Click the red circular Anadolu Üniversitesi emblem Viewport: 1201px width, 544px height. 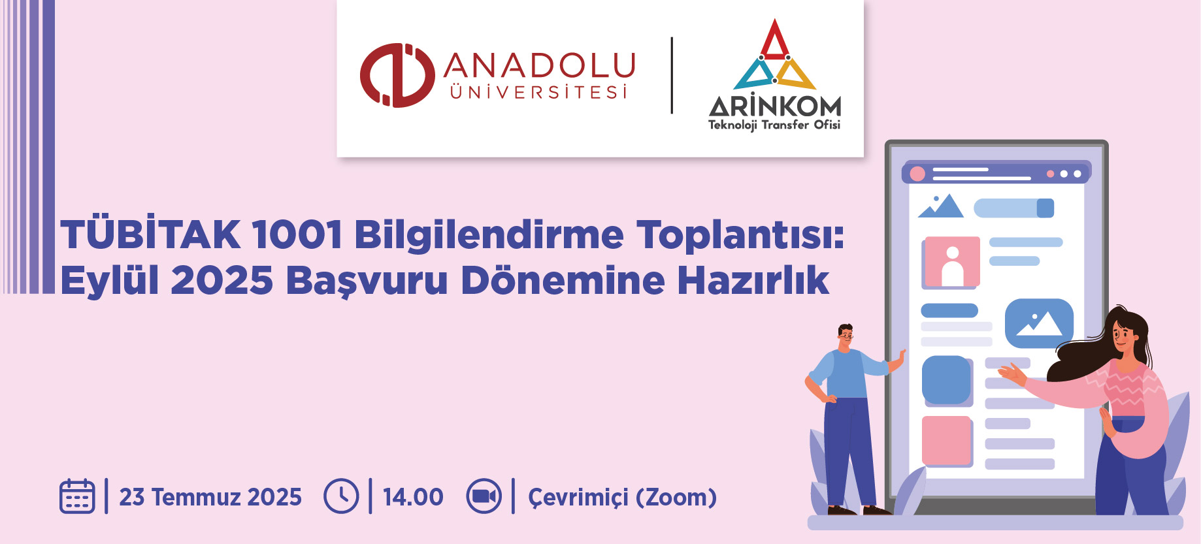click(x=397, y=75)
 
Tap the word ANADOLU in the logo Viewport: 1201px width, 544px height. click(x=540, y=66)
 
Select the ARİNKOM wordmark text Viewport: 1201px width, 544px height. click(x=775, y=105)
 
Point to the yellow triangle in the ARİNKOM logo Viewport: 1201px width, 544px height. click(x=795, y=74)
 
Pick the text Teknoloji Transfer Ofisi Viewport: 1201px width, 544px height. click(x=774, y=125)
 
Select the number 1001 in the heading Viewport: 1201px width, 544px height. click(x=297, y=234)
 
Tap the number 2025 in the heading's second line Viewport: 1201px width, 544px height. click(x=222, y=281)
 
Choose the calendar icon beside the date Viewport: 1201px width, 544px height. click(x=77, y=496)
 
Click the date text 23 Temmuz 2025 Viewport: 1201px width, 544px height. click(x=210, y=497)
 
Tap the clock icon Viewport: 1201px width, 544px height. click(x=341, y=496)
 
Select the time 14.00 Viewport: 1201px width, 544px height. click(x=413, y=497)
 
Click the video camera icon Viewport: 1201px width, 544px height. click(x=484, y=496)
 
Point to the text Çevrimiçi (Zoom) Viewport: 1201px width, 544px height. click(x=622, y=498)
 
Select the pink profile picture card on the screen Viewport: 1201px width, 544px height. click(x=952, y=263)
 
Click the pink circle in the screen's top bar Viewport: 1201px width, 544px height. click(x=917, y=174)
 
